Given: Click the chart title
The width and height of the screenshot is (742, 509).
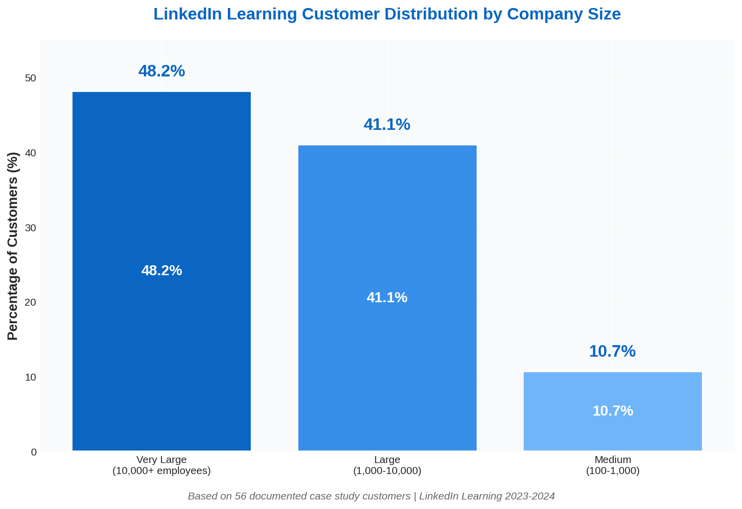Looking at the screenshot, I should coord(387,14).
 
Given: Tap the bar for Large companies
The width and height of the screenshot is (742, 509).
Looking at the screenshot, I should coord(387,225).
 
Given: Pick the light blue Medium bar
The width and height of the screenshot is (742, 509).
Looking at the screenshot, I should coord(613,390).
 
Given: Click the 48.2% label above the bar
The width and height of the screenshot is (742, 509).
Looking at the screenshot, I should coord(161,71).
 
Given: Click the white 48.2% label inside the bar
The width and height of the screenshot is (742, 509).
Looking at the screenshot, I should coord(161,271).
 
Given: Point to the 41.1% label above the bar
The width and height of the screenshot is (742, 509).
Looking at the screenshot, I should coord(387,124).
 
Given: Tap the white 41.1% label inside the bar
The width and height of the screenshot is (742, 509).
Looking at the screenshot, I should coord(387,298).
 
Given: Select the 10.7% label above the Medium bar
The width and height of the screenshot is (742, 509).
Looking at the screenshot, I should coord(612,352).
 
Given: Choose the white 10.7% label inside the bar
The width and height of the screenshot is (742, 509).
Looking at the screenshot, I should coord(613,411).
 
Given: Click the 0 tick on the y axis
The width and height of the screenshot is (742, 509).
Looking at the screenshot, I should coord(33,452).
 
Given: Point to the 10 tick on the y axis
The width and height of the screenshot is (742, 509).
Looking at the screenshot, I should coord(31,377).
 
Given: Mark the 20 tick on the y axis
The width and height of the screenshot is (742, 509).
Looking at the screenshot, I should coord(31,302).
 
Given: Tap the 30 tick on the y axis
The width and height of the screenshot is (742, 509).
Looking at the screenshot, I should coord(31,228).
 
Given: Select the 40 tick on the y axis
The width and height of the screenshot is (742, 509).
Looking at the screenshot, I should coord(31,153).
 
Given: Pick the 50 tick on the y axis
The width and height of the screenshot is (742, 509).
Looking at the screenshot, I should coord(31,78).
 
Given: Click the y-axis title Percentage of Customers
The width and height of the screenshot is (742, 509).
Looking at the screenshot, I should coord(13,246).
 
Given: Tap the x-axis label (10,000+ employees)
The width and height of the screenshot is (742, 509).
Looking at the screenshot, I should coord(161,471).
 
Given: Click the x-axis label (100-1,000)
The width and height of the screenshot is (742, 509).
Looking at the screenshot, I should coord(613,471).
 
